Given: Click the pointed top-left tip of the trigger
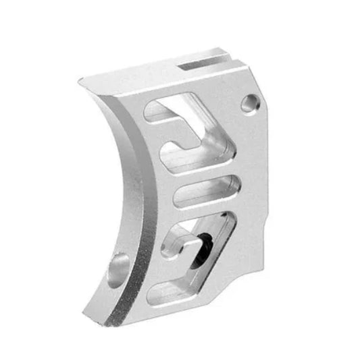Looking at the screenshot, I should tap(79, 80).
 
